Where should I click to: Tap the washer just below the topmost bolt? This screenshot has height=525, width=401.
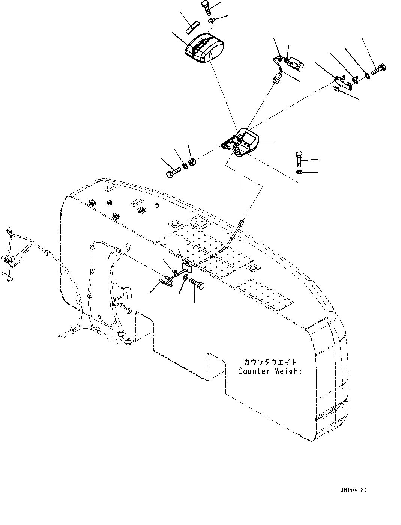pos(211,20)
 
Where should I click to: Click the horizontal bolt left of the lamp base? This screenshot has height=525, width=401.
pos(173,173)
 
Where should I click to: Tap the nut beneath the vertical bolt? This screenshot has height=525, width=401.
pos(299,172)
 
